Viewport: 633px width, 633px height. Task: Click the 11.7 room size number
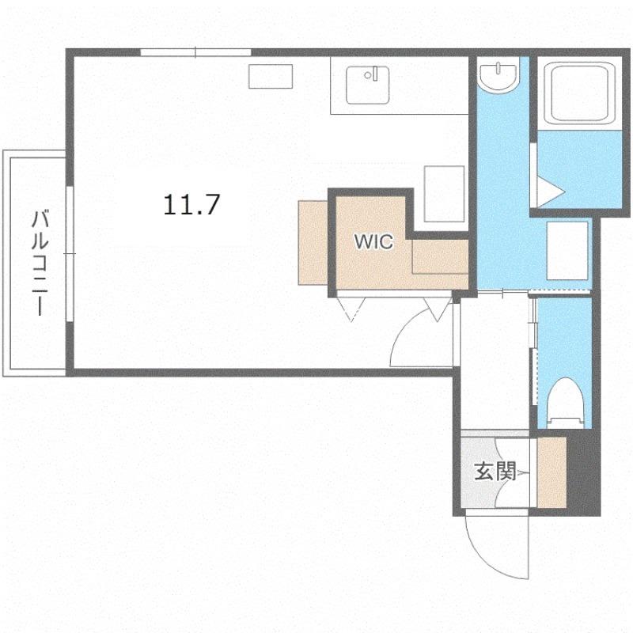pyautogui.click(x=191, y=205)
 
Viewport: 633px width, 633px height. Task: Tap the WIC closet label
pyautogui.click(x=373, y=241)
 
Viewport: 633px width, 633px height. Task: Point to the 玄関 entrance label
pyautogui.click(x=495, y=471)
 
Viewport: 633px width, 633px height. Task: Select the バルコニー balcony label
pyautogui.click(x=40, y=263)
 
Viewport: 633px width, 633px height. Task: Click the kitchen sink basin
pyautogui.click(x=367, y=85)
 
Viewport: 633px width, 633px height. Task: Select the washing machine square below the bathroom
pyautogui.click(x=567, y=250)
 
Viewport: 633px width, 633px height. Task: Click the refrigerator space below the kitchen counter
pyautogui.click(x=444, y=194)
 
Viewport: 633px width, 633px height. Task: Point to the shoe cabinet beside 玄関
pyautogui.click(x=552, y=472)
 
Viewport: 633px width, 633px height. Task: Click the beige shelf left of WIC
pyautogui.click(x=313, y=243)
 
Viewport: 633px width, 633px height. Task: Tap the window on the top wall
pyautogui.click(x=195, y=52)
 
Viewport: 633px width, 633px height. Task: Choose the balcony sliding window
pyautogui.click(x=70, y=253)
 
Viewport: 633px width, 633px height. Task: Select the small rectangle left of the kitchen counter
pyautogui.click(x=271, y=76)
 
